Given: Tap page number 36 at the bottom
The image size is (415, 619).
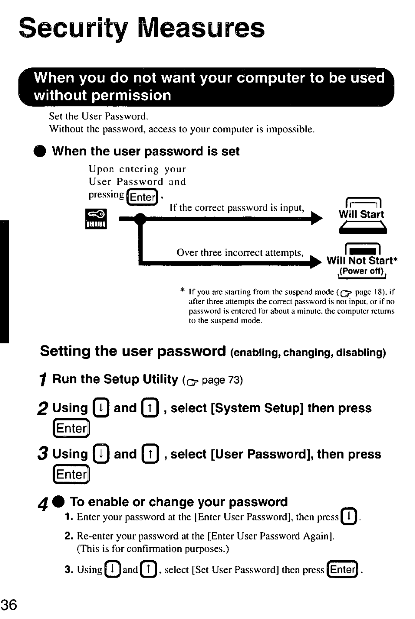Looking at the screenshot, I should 9,605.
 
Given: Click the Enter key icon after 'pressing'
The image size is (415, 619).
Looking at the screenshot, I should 143,197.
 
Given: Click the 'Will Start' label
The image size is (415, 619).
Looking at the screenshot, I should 361,215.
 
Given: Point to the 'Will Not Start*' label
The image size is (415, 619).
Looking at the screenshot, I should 362,261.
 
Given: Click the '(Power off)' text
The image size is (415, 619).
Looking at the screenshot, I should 362,271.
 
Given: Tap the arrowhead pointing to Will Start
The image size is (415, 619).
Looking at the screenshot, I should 317,219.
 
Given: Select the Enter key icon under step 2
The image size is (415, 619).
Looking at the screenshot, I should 71,429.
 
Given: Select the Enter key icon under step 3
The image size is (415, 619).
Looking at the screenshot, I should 71,475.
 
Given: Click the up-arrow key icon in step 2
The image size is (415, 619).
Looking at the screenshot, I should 150,408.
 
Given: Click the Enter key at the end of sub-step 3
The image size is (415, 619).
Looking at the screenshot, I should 343,569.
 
